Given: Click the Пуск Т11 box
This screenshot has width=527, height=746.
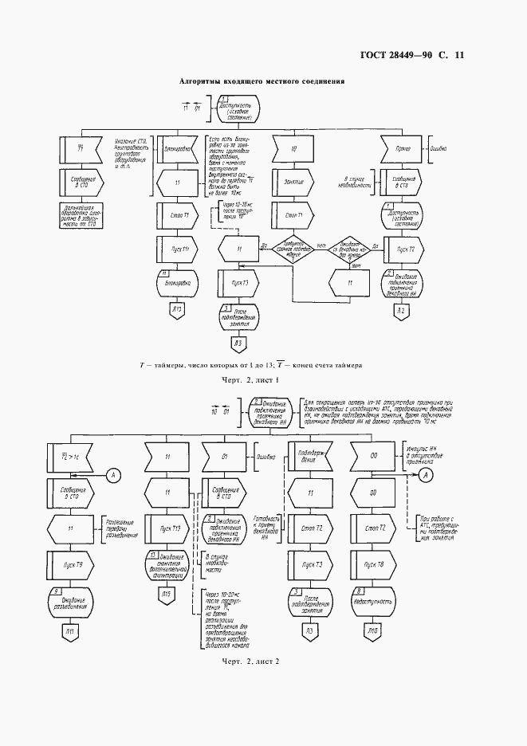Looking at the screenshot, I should pos(179,249).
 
